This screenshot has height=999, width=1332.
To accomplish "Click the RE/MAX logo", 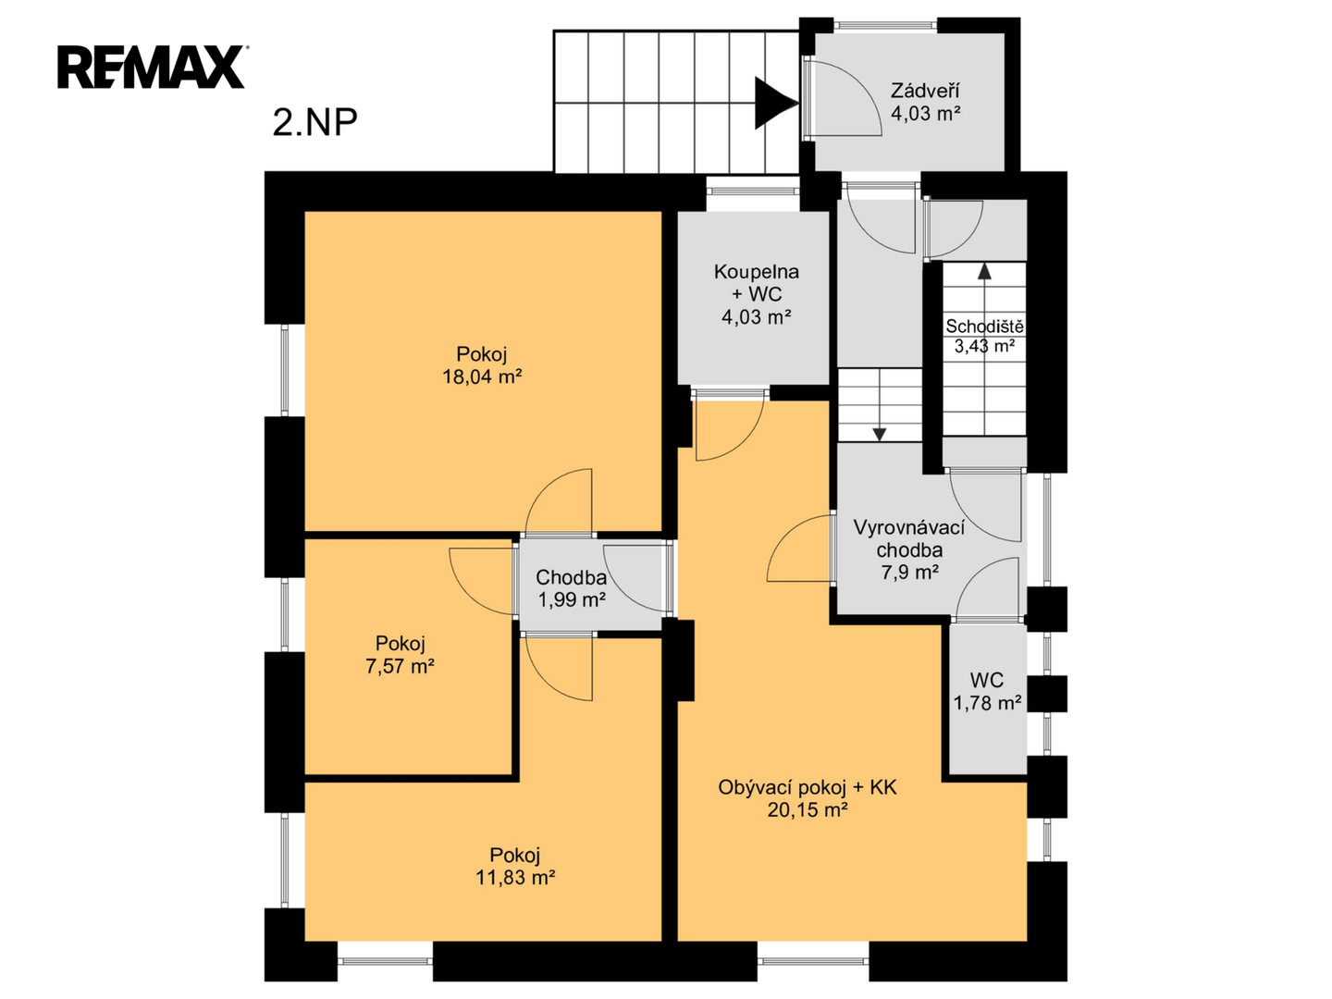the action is click(x=151, y=68).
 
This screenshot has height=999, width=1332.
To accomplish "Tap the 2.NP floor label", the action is click(x=314, y=122).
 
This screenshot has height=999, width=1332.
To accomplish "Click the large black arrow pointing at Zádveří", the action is click(x=775, y=103).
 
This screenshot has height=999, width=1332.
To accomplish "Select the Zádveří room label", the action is click(x=925, y=91).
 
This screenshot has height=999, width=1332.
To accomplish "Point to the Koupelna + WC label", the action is click(x=756, y=283).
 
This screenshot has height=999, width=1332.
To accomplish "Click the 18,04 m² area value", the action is click(x=482, y=376).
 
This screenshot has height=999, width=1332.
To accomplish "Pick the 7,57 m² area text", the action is click(x=400, y=667).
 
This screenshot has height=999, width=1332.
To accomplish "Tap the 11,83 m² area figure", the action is click(x=515, y=878).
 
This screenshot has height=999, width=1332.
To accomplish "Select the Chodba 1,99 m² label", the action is click(x=571, y=588).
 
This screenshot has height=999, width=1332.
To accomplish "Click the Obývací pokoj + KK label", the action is click(x=808, y=787).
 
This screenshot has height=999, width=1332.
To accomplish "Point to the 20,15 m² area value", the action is click(x=808, y=809).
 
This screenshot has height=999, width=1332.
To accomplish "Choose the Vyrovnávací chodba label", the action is click(x=909, y=538).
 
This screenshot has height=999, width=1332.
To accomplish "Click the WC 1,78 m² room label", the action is click(x=987, y=692).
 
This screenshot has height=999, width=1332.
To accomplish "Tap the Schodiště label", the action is click(x=985, y=327).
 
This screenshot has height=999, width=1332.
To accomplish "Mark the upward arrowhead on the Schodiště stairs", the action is click(x=984, y=271).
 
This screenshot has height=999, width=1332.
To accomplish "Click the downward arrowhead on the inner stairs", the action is click(x=880, y=435).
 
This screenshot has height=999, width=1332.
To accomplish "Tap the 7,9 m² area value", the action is click(x=910, y=572).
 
